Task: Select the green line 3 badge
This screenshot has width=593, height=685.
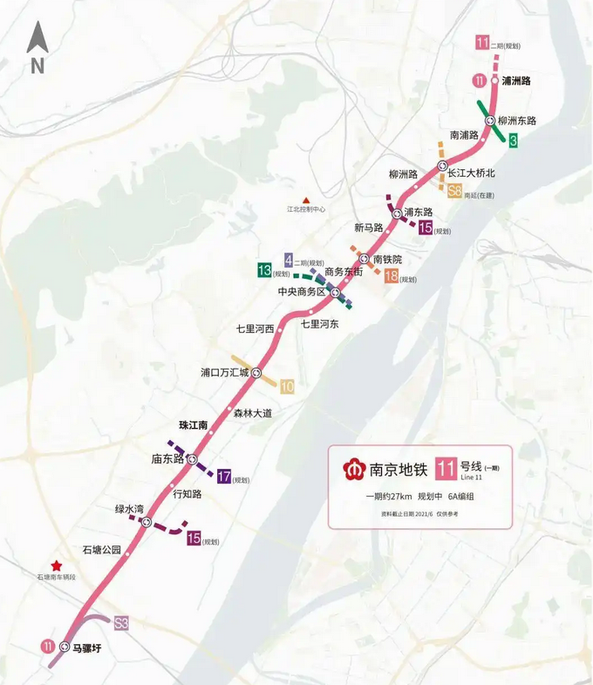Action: [x=514, y=140]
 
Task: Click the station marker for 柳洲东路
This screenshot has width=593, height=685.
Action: [x=490, y=120]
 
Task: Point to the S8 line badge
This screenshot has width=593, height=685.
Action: [x=454, y=192]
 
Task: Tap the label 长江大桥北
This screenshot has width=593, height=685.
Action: [x=471, y=173]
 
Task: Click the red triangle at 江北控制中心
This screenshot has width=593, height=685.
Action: [x=305, y=199]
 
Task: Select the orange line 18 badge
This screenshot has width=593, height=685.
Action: [x=392, y=276]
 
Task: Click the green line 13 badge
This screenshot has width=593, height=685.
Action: [x=263, y=270]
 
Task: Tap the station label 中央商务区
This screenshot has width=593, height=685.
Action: [x=301, y=292]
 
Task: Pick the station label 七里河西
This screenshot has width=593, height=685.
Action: [x=256, y=329]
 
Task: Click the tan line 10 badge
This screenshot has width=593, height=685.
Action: [x=287, y=387]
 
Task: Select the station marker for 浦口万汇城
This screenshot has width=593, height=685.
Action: [x=256, y=372]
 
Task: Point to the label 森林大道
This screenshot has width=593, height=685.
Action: [x=253, y=413]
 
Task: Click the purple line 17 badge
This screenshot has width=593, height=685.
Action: [x=224, y=477]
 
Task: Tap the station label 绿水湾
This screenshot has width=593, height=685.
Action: [x=129, y=509]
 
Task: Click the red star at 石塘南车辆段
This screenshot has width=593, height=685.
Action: [x=57, y=566]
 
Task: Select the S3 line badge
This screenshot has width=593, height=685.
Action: [x=121, y=623]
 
